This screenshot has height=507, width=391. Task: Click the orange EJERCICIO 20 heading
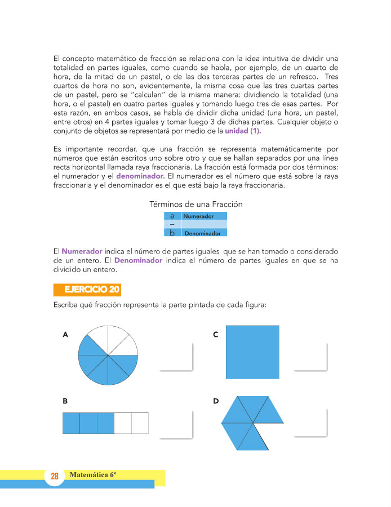87,290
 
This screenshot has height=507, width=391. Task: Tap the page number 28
55,476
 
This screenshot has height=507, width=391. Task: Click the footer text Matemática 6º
93,475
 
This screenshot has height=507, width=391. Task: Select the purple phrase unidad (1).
243,131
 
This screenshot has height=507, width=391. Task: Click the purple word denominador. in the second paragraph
140,176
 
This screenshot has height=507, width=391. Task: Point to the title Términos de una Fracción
196,204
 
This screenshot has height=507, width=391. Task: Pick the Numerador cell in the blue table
204,216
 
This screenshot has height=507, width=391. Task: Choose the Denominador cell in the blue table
204,233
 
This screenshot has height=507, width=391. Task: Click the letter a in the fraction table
172,216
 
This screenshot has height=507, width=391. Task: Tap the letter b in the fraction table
172,233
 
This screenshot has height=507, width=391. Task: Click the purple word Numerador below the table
82,251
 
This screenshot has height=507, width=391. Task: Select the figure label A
65,335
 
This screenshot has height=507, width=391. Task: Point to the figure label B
65,401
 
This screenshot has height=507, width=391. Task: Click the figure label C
216,335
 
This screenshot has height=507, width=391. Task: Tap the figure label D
216,401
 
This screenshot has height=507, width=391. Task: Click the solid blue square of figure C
252,352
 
